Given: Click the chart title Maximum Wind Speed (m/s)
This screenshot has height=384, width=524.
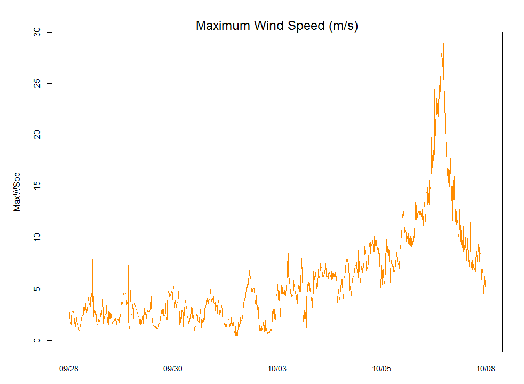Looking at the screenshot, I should tap(276, 26).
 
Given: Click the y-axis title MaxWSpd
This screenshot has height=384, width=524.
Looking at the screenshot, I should tap(17, 192).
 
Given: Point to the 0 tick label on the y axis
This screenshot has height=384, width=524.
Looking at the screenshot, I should tap(36, 340).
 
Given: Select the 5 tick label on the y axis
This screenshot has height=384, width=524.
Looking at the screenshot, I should tap(36, 289).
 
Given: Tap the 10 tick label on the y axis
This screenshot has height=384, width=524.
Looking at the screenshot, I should tap(36, 238).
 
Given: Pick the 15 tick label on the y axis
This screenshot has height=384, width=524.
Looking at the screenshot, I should tap(36, 186).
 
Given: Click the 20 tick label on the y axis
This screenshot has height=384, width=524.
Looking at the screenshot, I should tap(36, 135).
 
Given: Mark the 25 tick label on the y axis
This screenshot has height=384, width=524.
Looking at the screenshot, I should tap(36, 84).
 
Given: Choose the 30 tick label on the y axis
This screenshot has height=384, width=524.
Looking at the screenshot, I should tap(36, 33).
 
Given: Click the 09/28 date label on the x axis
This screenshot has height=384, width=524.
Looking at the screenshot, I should tap(69, 369).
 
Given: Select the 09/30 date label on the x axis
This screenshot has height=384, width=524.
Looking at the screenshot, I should tap(173, 369).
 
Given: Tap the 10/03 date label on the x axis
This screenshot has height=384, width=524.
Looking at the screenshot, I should tap(277, 369).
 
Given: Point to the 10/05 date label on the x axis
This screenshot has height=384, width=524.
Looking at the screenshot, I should tap(381, 369).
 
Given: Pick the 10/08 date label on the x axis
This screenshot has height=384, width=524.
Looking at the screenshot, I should tap(485, 369).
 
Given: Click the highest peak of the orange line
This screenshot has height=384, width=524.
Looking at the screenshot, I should tap(443, 44).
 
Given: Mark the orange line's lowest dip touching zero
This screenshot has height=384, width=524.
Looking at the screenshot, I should tap(236, 340).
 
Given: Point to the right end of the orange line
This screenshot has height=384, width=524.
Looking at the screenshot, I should tap(486, 273).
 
